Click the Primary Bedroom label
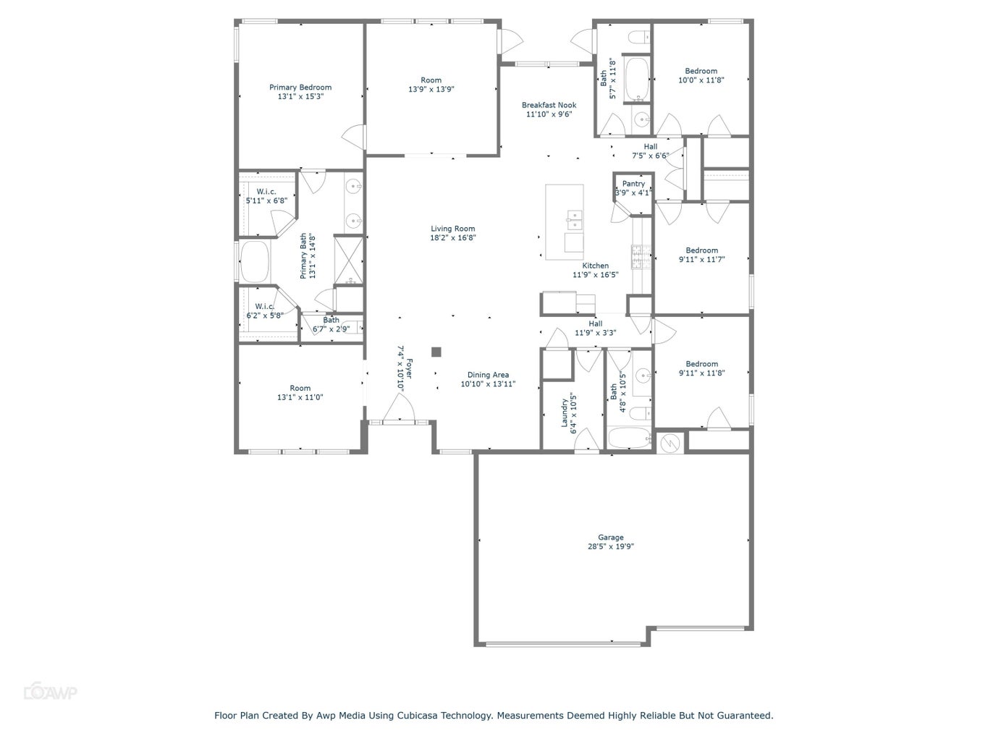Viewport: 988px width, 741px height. coord(300,88)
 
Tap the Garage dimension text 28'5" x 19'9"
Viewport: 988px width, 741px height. coord(610,547)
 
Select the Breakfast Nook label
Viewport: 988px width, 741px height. coord(549,105)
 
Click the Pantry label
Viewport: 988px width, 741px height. coord(633,184)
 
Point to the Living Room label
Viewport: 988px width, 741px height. coord(453,229)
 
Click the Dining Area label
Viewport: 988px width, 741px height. coord(488,375)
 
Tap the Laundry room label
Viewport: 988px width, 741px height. coord(565,412)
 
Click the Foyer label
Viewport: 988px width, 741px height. coord(409,369)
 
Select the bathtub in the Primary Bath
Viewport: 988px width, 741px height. coord(254,261)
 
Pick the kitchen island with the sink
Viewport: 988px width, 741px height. coord(565,222)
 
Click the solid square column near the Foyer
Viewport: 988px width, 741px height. coord(436,352)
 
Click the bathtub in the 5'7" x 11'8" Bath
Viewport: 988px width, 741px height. coord(638,80)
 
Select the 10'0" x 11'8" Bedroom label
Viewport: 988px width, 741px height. coord(701,71)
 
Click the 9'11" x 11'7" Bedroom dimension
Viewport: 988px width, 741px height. coord(701,259)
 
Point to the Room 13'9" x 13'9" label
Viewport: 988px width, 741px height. coord(431,80)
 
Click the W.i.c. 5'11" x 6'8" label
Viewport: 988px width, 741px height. coord(266,192)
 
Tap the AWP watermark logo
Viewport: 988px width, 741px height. coord(51,693)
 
